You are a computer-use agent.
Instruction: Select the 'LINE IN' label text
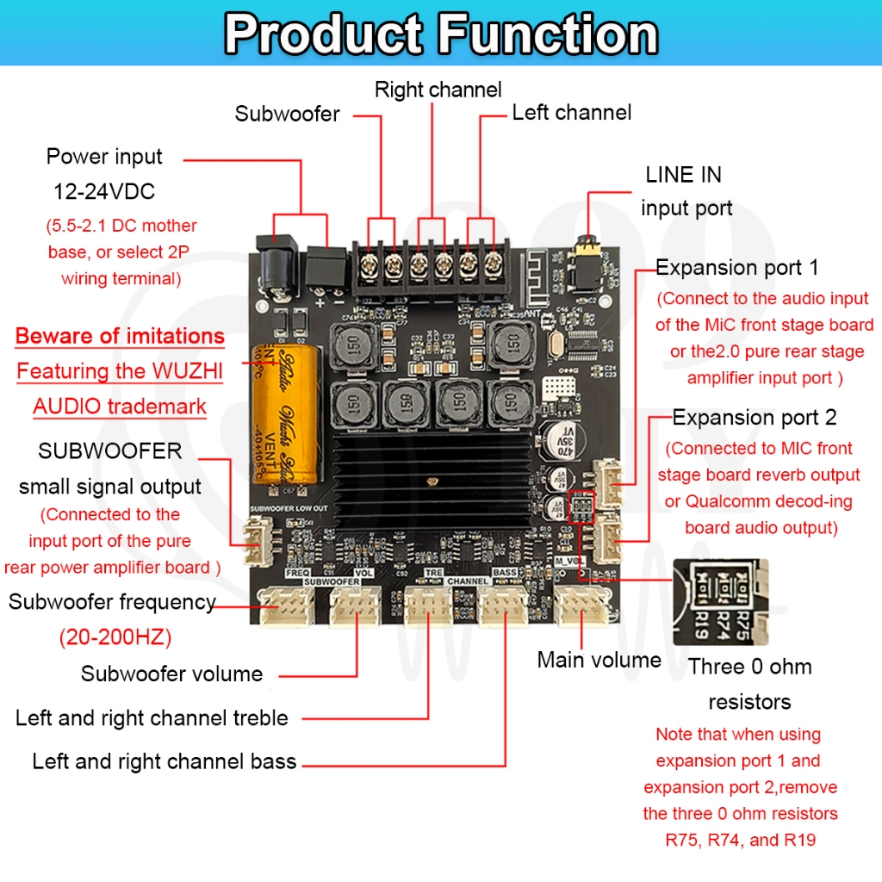pyautogui.click(x=683, y=175)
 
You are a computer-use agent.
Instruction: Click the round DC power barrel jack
pyautogui.click(x=277, y=262)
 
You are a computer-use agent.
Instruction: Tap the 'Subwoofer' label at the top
pyautogui.click(x=287, y=114)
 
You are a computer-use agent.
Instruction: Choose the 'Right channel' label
pyautogui.click(x=438, y=90)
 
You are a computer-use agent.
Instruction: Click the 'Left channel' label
pyautogui.click(x=571, y=113)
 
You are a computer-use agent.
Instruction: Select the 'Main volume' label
pyautogui.click(x=599, y=661)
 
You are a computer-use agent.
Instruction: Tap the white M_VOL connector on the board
pyautogui.click(x=583, y=606)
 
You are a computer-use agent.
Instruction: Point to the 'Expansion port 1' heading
pyautogui.click(x=737, y=268)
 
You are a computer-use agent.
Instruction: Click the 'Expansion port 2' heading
pyautogui.click(x=754, y=418)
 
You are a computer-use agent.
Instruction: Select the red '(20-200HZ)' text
pyautogui.click(x=115, y=638)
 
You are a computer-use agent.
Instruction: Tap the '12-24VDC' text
pyautogui.click(x=104, y=191)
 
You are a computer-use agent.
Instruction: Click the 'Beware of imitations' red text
pyautogui.click(x=120, y=336)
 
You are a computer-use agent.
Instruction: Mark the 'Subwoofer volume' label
pyautogui.click(x=171, y=674)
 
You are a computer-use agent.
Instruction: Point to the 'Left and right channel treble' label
pyautogui.click(x=152, y=718)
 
